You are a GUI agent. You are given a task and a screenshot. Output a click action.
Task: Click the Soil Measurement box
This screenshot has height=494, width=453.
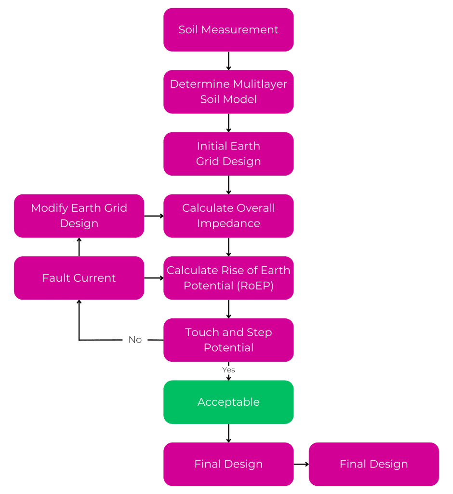point(228,29)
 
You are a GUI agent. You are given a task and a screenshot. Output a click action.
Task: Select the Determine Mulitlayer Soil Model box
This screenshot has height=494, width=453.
point(228,92)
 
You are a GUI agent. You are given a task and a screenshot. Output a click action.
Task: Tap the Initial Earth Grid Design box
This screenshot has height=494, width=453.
point(228,154)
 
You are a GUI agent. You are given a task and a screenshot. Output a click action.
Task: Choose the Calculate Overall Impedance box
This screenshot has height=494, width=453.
point(228,216)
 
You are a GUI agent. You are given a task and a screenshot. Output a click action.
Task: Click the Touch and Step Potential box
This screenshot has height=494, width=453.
point(228,340)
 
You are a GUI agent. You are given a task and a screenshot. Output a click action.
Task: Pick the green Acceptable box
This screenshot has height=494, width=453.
point(228,402)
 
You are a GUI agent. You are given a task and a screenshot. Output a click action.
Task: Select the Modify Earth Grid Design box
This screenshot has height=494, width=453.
point(79,216)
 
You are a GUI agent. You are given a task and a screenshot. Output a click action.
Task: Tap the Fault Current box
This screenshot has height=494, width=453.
point(79,278)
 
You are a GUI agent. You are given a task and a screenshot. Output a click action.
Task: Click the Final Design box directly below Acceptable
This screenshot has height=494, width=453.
point(228,464)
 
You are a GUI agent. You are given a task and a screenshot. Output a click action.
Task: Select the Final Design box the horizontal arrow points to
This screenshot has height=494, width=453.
point(374,464)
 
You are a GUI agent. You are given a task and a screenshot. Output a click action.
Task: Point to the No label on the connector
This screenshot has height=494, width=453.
point(135,340)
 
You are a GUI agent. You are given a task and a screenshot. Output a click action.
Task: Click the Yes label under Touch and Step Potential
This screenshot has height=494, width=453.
point(228,370)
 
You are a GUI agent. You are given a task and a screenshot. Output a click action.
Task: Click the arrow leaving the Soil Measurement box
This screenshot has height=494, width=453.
point(228,61)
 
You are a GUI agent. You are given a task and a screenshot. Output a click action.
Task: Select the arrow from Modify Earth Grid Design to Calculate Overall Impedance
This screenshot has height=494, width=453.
point(154,216)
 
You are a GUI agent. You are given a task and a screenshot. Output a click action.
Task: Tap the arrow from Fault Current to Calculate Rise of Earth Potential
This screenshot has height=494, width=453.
point(154,278)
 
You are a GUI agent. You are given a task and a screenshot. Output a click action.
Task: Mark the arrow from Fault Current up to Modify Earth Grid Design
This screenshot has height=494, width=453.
point(79,247)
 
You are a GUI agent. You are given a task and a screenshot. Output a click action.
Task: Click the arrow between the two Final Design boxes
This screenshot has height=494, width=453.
point(301,464)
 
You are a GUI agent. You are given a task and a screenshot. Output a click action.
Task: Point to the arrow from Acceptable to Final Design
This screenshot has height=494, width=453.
point(228,433)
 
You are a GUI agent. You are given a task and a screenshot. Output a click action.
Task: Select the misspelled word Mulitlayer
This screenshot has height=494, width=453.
point(260,84)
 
